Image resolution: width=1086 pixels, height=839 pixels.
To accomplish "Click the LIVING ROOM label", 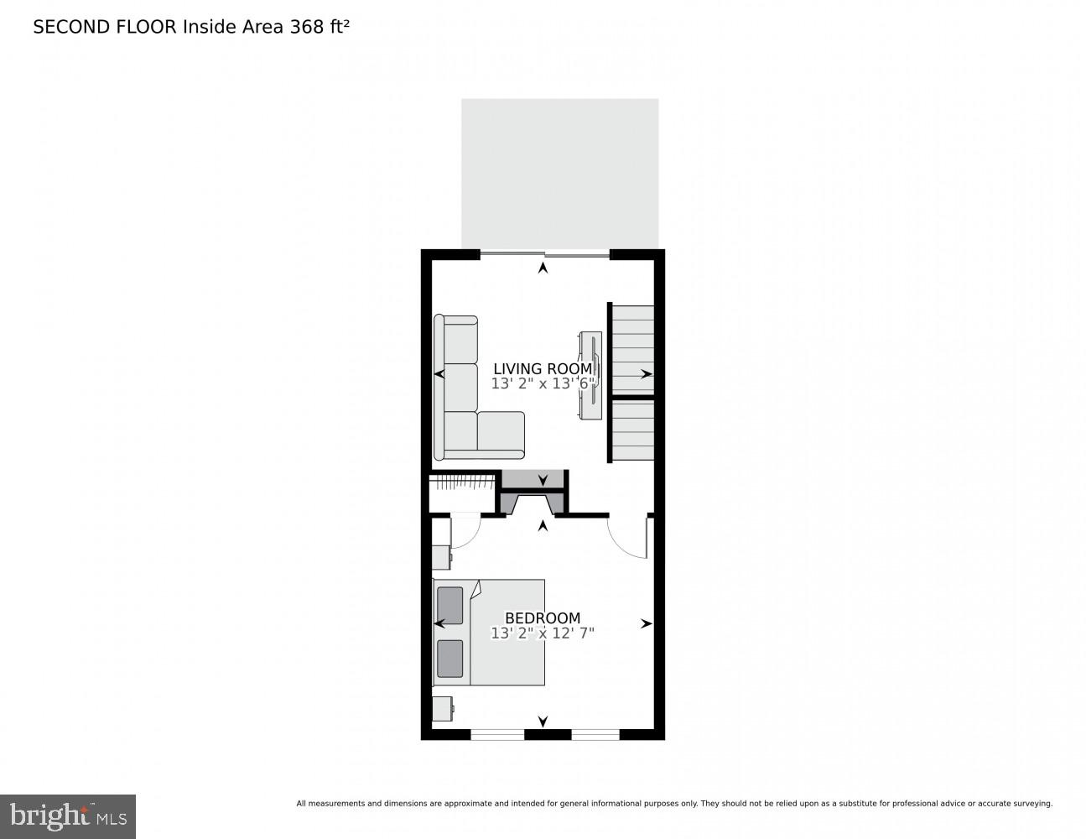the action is coord(543,369).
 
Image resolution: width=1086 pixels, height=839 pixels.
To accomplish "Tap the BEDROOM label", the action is coord(543,618).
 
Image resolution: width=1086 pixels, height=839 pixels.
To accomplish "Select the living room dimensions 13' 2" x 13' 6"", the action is coord(543,383).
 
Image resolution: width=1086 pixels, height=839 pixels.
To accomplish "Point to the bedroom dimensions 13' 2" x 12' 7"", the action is coord(543,633).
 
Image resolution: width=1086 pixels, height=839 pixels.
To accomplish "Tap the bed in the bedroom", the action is coord(489,633).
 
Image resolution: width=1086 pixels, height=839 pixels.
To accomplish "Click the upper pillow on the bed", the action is coord(449,606).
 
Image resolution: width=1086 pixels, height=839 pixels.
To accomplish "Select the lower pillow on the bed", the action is coord(449,659).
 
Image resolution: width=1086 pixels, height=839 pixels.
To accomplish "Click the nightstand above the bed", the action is coord(442,557).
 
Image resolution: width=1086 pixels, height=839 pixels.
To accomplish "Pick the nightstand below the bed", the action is coord(443,709).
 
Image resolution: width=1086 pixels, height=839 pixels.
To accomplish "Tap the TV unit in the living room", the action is coord(590,376).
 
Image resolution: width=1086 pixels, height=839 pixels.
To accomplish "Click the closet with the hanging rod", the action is coord(462,493).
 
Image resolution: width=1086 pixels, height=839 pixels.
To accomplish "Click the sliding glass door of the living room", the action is coord(545,255).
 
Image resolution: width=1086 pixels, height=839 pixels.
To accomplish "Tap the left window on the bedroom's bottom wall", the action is coord(497,734).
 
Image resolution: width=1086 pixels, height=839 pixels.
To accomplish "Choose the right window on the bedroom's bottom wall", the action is coord(595,734).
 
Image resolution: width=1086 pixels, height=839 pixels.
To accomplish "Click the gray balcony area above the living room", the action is coord(559,174).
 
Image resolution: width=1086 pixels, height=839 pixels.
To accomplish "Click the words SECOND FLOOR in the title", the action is coord(105,27).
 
